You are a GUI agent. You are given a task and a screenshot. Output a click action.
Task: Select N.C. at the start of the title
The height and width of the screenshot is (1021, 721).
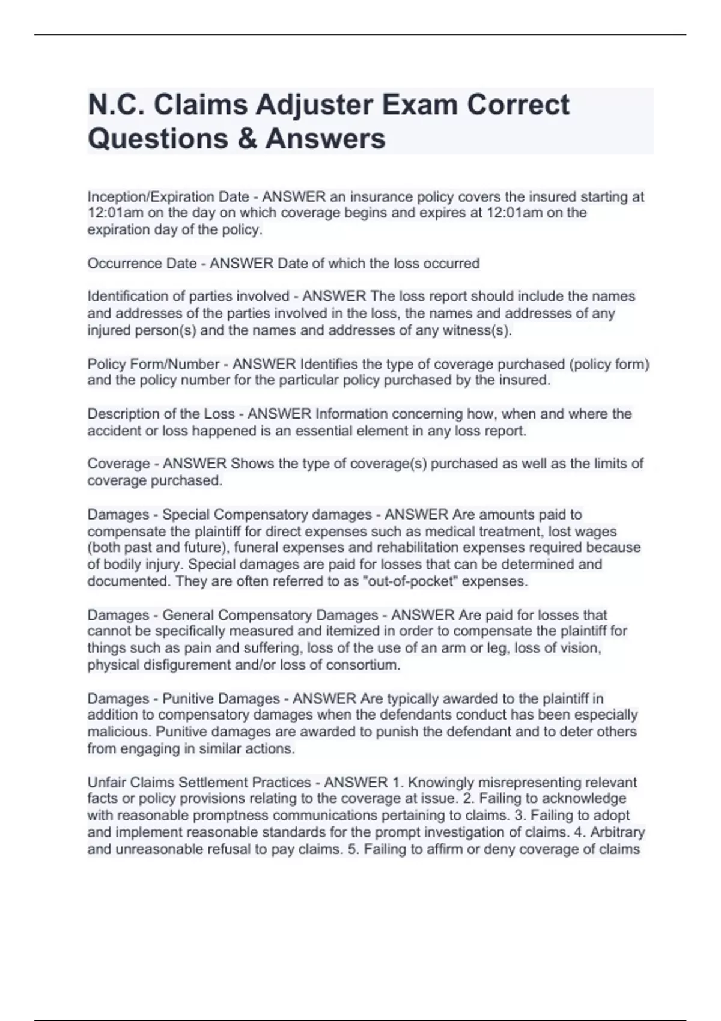[x=116, y=106]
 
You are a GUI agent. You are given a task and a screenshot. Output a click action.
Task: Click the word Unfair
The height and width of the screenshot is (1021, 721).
[x=106, y=783]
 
